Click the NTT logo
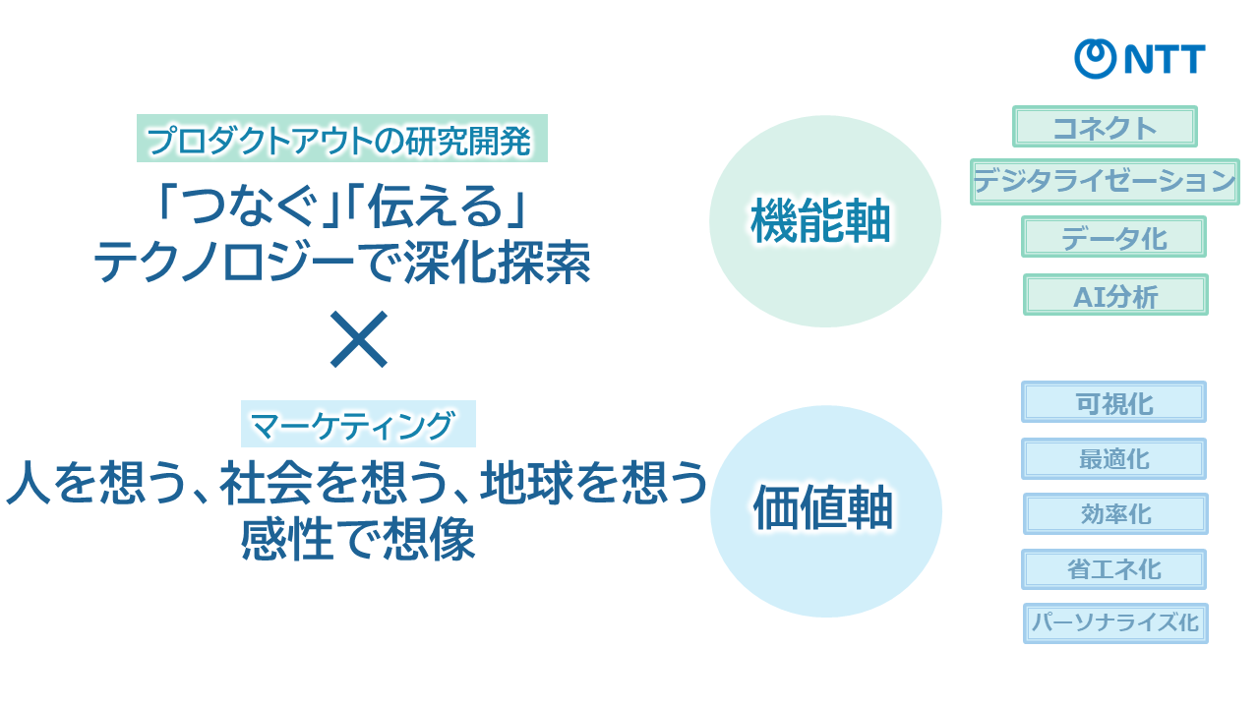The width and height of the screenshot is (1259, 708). tap(1140, 59)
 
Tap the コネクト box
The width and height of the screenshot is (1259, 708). tap(1105, 127)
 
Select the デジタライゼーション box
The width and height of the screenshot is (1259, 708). tap(1105, 182)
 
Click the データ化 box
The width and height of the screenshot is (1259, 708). tap(1114, 237)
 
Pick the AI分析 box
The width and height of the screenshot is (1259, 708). tap(1115, 295)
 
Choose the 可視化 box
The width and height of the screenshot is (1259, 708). tap(1114, 402)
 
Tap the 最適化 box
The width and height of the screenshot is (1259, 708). tap(1114, 459)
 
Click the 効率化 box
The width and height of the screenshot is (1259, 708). tap(1115, 514)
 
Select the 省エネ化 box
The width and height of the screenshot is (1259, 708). tap(1114, 569)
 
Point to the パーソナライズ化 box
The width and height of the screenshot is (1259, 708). tap(1115, 623)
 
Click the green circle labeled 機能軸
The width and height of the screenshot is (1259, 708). tap(825, 221)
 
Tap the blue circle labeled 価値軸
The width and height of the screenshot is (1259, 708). tap(826, 511)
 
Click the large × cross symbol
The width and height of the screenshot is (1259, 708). tap(359, 339)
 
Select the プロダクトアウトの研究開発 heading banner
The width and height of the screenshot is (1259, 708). tap(342, 139)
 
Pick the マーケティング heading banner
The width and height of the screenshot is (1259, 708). tap(359, 424)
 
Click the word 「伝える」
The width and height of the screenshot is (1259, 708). tap(437, 206)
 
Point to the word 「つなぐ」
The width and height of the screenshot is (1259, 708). tap(249, 206)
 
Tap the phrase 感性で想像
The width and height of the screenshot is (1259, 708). tap(358, 539)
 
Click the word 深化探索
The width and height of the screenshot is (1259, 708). tap(497, 263)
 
